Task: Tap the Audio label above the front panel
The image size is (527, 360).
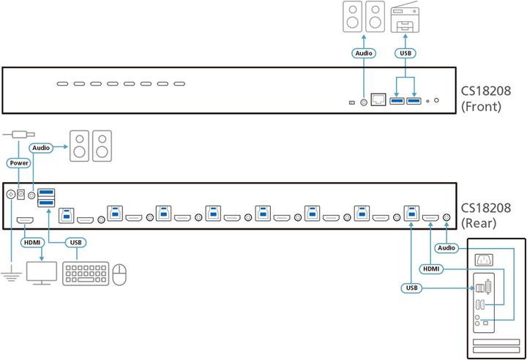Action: point(364,53)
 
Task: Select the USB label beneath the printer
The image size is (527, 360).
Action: point(405,53)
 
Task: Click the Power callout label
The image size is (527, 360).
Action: point(18,162)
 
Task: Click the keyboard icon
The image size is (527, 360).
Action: point(86,274)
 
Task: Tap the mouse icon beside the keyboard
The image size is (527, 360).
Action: point(119,274)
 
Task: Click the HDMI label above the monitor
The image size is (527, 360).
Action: point(33,242)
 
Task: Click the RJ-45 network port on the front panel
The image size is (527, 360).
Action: point(378,99)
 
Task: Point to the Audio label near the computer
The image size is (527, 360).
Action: point(446,248)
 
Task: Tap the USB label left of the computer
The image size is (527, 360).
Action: point(412,288)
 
